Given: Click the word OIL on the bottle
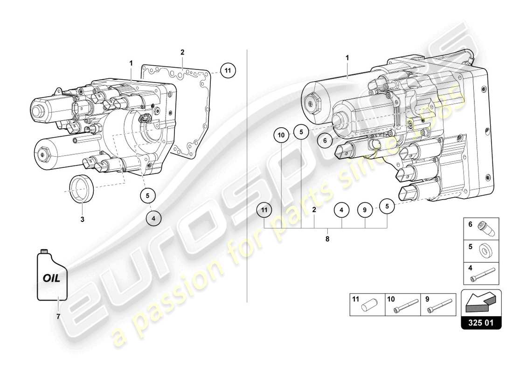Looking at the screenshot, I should point(52,278).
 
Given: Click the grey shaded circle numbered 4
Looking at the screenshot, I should point(155,217).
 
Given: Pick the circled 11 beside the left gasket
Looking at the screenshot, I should point(228,71).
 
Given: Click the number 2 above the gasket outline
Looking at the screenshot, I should point(182,52).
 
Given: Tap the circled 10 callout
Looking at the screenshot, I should point(281,135).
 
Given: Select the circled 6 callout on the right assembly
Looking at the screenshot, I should point(326,139).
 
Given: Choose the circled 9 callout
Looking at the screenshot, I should point(365,210).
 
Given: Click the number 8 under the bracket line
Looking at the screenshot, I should point(327,239).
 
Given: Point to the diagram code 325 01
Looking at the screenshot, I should point(481,322).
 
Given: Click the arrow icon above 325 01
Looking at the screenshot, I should point(481,302).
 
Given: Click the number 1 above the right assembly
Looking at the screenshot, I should point(347,57).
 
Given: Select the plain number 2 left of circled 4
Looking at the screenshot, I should point(314,210).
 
